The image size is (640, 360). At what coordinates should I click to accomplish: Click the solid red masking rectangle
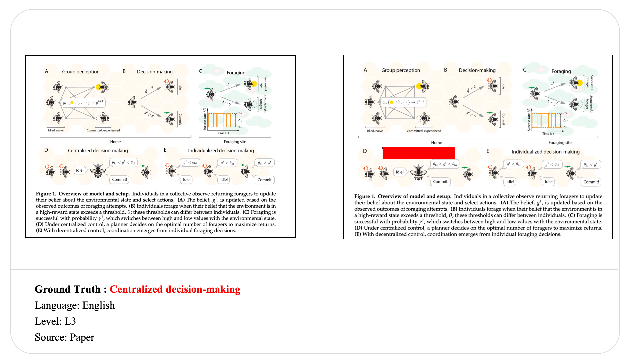[x=418, y=153]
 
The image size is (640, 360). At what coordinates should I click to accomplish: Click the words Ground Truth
[x=67, y=289]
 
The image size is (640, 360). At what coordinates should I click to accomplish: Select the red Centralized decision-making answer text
[x=175, y=289]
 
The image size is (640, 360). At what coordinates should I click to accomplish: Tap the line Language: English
[x=75, y=305]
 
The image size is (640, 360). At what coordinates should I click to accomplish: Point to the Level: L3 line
[x=55, y=321]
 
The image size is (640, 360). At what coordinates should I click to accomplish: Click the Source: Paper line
[x=64, y=337]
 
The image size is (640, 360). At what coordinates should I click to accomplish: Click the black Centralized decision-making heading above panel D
[x=98, y=151]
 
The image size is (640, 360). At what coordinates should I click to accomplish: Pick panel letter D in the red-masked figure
[x=365, y=151]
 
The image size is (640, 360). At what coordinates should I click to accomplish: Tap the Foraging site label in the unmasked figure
[x=235, y=142]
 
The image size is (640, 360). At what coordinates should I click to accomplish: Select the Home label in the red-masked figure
[x=436, y=143]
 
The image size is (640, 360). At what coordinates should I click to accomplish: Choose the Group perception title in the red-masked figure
[x=400, y=70]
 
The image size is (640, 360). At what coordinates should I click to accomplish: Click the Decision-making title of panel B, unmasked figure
[x=155, y=72]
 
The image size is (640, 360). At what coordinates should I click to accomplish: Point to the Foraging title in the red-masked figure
[x=561, y=71]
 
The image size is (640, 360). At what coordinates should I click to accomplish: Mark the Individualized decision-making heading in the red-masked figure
[x=545, y=152]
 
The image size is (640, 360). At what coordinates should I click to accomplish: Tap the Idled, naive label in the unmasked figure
[x=56, y=130]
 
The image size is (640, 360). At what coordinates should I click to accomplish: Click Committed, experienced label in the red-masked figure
[x=424, y=131]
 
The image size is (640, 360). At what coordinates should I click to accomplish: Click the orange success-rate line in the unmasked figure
[x=220, y=120]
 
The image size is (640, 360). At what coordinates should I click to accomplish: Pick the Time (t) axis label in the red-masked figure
[x=548, y=134]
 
